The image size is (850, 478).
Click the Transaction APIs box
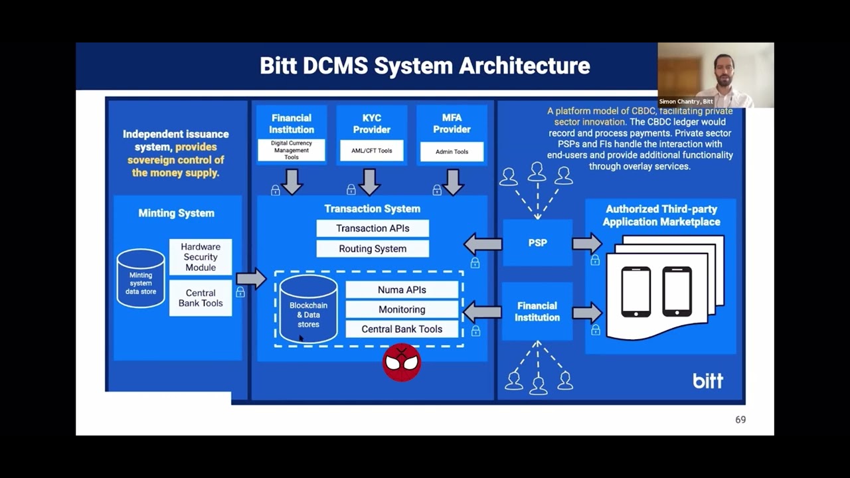373,228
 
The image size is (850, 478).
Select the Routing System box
373,249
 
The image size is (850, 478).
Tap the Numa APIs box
402,290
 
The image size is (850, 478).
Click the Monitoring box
402,309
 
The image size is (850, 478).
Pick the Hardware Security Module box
201,257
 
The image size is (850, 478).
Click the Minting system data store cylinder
141,279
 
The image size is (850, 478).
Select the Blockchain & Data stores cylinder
308,309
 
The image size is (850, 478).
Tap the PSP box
537,243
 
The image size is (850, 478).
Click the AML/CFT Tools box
372,151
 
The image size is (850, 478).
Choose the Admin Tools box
452,151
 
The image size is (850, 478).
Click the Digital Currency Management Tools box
292,150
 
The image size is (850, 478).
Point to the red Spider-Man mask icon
402,362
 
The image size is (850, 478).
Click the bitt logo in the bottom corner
708,380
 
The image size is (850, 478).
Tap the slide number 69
740,420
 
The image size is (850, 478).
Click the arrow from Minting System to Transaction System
250,279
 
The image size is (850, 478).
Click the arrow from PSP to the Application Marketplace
586,244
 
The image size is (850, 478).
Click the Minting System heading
176,213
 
